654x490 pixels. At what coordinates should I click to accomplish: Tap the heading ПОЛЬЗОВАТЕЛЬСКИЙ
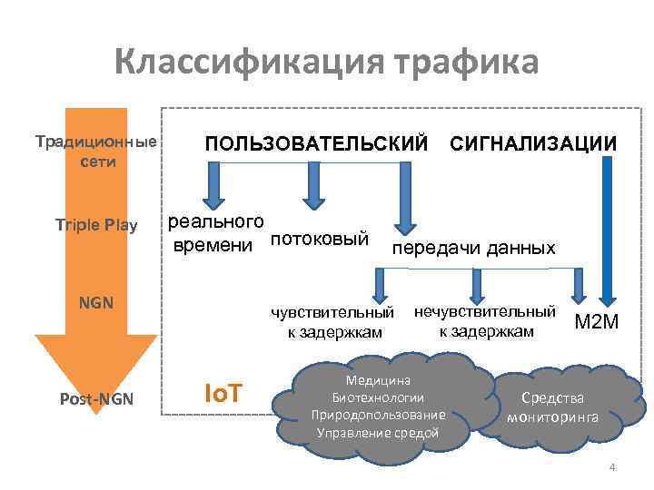pyautogui.click(x=315, y=144)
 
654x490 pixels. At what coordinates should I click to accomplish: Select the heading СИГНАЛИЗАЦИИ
pyautogui.click(x=533, y=144)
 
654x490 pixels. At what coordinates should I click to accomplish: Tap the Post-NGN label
pyautogui.click(x=96, y=400)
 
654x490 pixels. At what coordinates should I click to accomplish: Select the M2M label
pyautogui.click(x=596, y=321)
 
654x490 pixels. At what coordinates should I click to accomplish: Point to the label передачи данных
pyautogui.click(x=472, y=248)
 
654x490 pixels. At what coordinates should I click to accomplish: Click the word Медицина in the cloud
pyautogui.click(x=378, y=381)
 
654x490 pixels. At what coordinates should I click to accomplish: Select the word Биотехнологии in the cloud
pyautogui.click(x=378, y=397)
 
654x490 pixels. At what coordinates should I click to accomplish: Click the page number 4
pyautogui.click(x=612, y=467)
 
